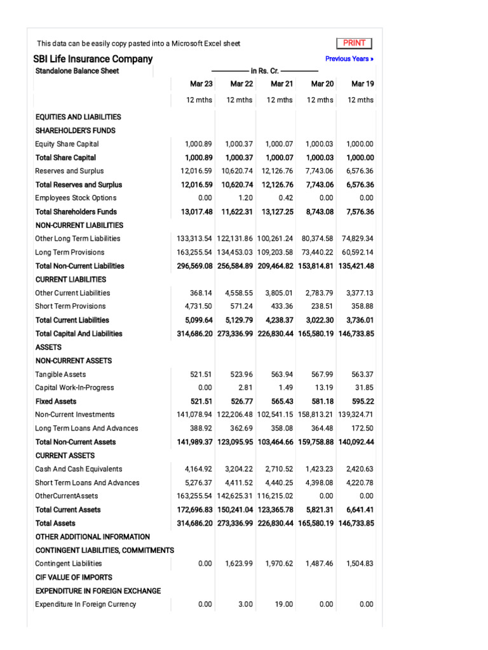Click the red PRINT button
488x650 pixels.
(354, 43)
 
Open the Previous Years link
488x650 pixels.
(349, 59)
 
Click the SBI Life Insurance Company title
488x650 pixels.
(93, 59)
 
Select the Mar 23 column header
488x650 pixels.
(201, 84)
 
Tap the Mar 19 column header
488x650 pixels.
(362, 84)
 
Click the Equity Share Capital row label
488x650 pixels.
(67, 144)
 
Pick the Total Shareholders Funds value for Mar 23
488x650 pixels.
(196, 212)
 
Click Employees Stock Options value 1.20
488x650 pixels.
(245, 198)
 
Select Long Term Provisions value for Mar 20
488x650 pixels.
(317, 252)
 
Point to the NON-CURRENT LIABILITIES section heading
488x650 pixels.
(79, 225)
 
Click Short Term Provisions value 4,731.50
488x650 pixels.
(198, 307)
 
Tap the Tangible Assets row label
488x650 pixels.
(60, 375)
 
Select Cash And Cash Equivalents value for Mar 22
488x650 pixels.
(239, 469)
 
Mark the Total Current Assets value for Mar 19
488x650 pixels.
(360, 510)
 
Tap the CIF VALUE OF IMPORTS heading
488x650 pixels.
(74, 577)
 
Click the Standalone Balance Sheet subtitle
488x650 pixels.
(77, 71)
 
